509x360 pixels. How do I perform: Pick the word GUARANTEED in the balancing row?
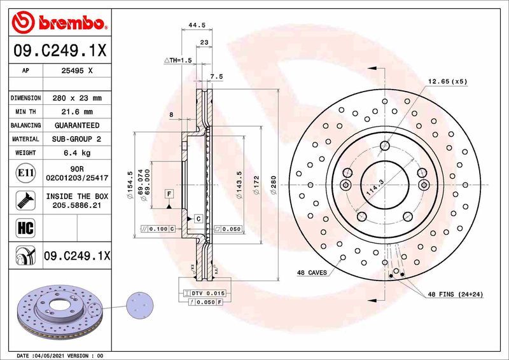pyautogui.click(x=77, y=125)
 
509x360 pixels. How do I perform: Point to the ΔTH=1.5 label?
pyautogui.click(x=178, y=60)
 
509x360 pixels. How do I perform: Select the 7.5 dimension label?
pyautogui.click(x=216, y=76)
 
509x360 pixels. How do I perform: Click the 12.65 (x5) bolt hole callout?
pyautogui.click(x=447, y=81)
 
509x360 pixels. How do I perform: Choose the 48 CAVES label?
pyautogui.click(x=312, y=272)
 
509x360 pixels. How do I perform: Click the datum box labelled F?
pyautogui.click(x=170, y=193)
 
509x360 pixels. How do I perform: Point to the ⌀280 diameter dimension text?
pyautogui.click(x=274, y=186)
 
